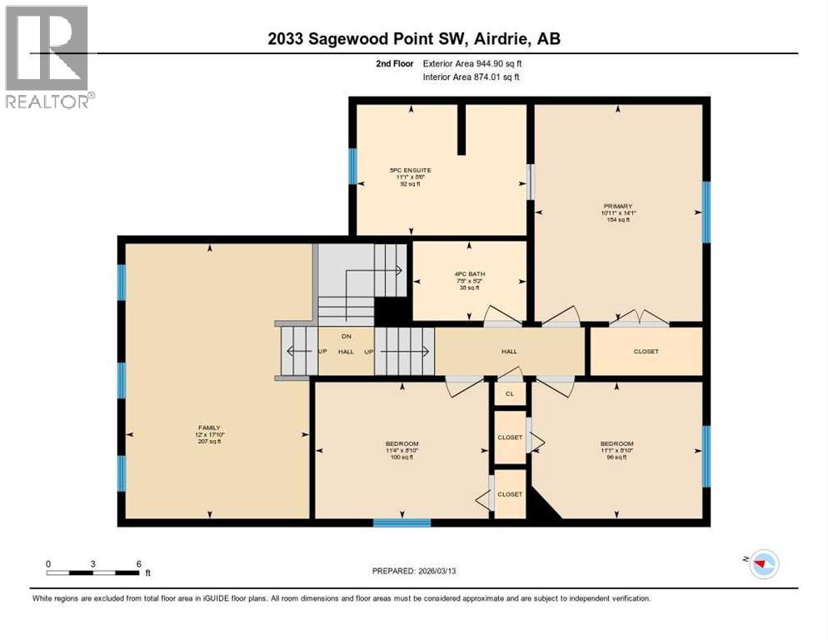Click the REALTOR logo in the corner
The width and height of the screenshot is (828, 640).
coord(47,57)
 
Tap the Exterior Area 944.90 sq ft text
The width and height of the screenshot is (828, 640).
coord(472,63)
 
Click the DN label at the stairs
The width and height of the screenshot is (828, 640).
coord(346,337)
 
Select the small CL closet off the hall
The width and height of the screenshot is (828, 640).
coord(509,393)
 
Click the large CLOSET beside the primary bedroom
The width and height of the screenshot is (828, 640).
coord(646,352)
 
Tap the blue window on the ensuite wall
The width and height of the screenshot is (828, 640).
coord(352,167)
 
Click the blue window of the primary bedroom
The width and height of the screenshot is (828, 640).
coord(706,212)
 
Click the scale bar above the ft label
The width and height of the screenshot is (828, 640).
coord(92,572)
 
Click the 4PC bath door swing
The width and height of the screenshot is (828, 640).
coord(502,316)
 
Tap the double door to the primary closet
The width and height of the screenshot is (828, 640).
coord(638,318)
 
